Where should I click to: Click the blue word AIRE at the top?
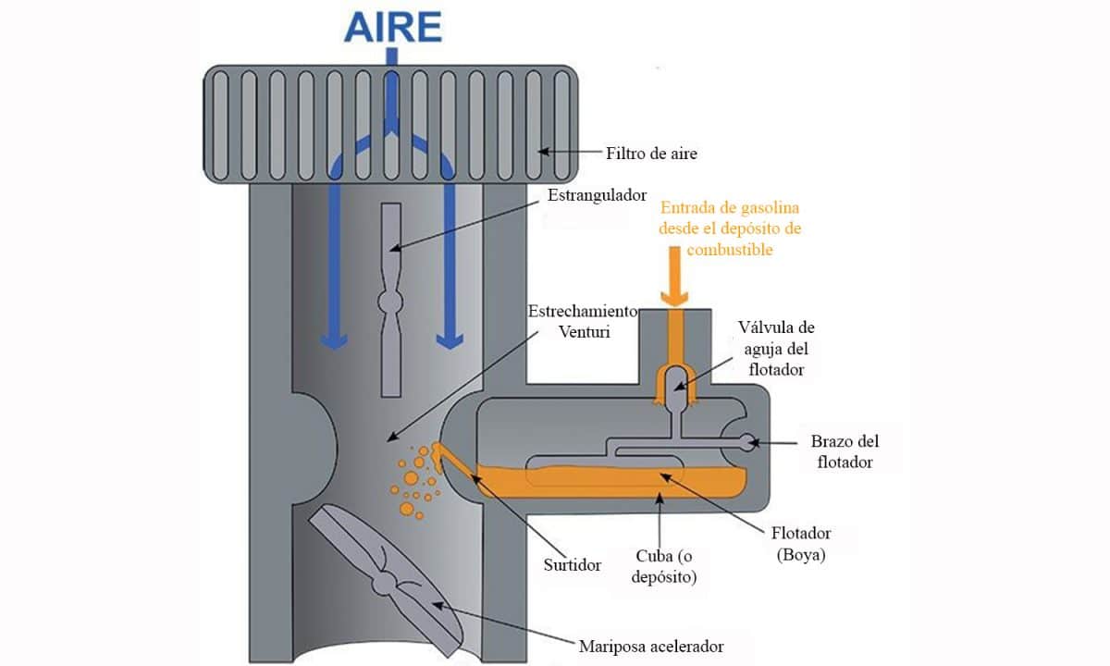click(x=392, y=28)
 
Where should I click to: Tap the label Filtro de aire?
click(x=651, y=154)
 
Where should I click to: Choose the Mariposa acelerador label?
click(x=651, y=646)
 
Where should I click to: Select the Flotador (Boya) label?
click(x=801, y=543)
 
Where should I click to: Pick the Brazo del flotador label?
click(x=844, y=451)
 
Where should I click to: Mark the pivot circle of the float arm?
click(x=746, y=443)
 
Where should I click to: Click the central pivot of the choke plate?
click(x=391, y=302)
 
